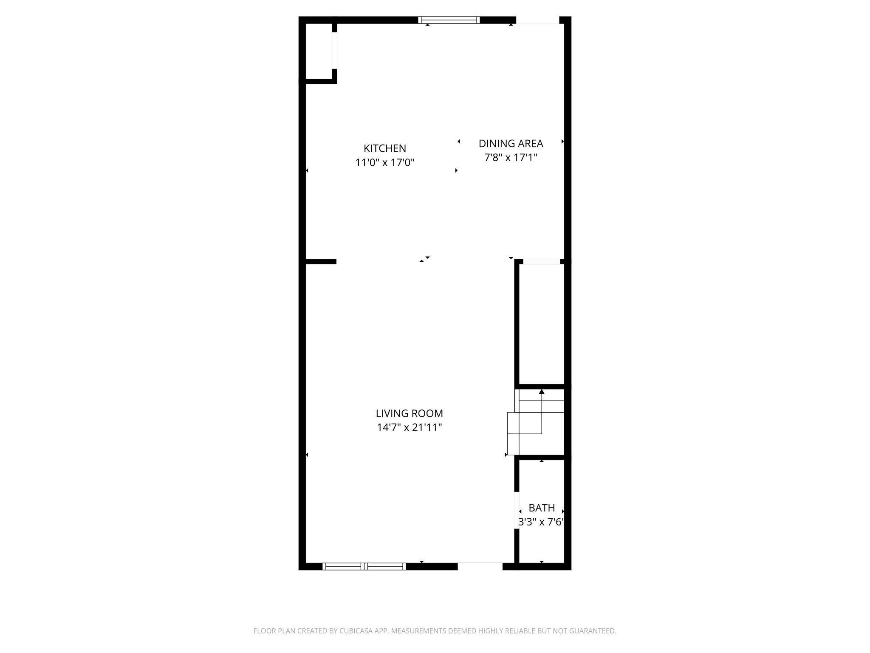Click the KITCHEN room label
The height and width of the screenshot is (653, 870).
(384, 148)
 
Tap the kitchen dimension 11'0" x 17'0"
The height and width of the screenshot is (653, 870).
(384, 162)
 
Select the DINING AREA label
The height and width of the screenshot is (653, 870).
(511, 144)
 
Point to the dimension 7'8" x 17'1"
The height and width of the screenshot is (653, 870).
(511, 158)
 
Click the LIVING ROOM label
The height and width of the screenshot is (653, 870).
(409, 413)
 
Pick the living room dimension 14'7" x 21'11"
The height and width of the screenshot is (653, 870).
(409, 427)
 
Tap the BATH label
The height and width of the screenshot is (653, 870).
(542, 508)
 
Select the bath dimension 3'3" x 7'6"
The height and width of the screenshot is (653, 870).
(540, 522)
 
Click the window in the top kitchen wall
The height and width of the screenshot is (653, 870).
(449, 20)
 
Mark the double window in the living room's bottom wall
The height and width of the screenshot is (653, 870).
(364, 566)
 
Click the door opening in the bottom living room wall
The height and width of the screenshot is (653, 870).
(480, 566)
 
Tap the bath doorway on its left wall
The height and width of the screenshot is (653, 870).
(517, 510)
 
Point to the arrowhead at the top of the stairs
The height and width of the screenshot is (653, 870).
(542, 392)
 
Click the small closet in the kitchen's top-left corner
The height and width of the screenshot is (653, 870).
(319, 51)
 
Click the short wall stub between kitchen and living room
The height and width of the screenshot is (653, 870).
(321, 261)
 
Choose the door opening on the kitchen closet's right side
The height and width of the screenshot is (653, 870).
(335, 51)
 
